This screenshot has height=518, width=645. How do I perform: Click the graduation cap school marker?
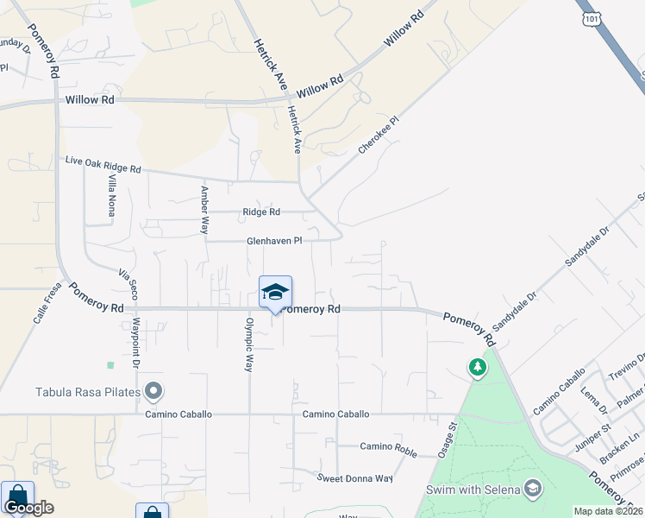click(x=275, y=292)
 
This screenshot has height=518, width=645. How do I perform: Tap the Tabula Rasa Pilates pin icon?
click(x=153, y=392)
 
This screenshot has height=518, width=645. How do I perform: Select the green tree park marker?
click(x=477, y=369)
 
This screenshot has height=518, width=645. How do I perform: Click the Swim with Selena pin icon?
click(x=533, y=490)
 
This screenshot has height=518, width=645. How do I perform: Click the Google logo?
click(x=28, y=508)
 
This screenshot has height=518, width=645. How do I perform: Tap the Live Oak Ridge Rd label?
click(x=103, y=165)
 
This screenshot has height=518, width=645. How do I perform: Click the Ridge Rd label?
click(x=261, y=212)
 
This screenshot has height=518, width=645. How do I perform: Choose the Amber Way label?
click(x=204, y=210)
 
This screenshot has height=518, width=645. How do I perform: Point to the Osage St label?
click(x=452, y=436)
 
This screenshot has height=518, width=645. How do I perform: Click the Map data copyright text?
click(x=609, y=511)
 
